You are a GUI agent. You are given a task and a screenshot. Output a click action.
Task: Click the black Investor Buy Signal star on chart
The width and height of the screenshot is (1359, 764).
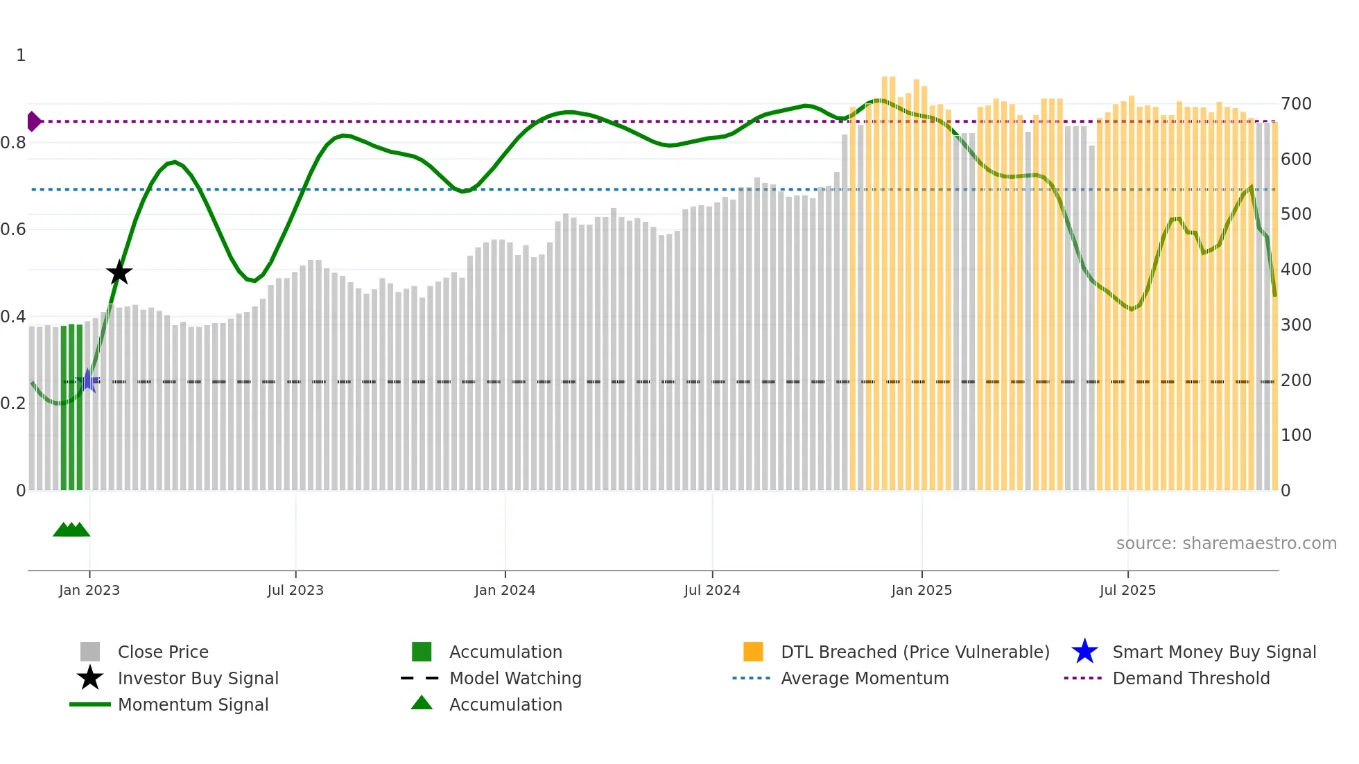tap(119, 272)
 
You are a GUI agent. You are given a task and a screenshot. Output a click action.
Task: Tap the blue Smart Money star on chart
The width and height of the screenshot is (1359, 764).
tap(88, 381)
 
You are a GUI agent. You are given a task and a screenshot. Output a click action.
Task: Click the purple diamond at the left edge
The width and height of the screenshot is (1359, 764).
tap(33, 121)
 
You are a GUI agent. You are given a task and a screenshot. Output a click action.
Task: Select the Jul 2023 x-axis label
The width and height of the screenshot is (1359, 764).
tap(295, 590)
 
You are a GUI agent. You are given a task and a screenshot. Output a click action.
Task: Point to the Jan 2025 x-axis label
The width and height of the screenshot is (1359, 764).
tap(921, 590)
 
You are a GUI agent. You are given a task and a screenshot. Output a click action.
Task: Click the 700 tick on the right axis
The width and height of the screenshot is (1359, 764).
tap(1296, 104)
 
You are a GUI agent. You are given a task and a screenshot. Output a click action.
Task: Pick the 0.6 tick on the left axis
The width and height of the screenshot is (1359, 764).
tap(13, 229)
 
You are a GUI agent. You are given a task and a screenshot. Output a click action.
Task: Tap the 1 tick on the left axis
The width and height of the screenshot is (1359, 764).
tap(21, 55)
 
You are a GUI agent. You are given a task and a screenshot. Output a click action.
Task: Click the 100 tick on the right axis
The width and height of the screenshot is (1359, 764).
tap(1296, 435)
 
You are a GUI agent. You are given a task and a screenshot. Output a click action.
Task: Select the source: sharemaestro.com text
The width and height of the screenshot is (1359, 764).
tap(1226, 544)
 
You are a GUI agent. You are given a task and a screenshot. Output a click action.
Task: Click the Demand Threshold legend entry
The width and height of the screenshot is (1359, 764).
tap(1191, 678)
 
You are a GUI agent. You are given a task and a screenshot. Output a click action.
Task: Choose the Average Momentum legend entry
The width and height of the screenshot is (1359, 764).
tap(864, 678)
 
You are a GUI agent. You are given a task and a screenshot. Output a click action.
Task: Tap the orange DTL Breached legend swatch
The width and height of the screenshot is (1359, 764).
tap(753, 652)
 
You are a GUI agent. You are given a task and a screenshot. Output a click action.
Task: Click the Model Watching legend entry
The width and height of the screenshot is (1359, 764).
tap(514, 678)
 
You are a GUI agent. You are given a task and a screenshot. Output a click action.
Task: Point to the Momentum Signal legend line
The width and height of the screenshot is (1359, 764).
tap(90, 704)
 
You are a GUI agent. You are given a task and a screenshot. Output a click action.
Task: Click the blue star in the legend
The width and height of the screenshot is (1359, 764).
tap(1084, 652)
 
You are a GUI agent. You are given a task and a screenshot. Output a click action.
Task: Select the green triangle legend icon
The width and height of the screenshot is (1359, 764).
tap(422, 703)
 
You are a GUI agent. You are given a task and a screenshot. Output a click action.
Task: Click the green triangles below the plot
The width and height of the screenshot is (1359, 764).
tap(71, 530)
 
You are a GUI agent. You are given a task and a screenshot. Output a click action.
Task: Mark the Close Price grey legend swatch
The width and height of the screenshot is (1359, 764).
tap(90, 652)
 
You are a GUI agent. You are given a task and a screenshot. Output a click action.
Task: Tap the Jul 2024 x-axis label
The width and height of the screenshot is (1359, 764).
tap(712, 590)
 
